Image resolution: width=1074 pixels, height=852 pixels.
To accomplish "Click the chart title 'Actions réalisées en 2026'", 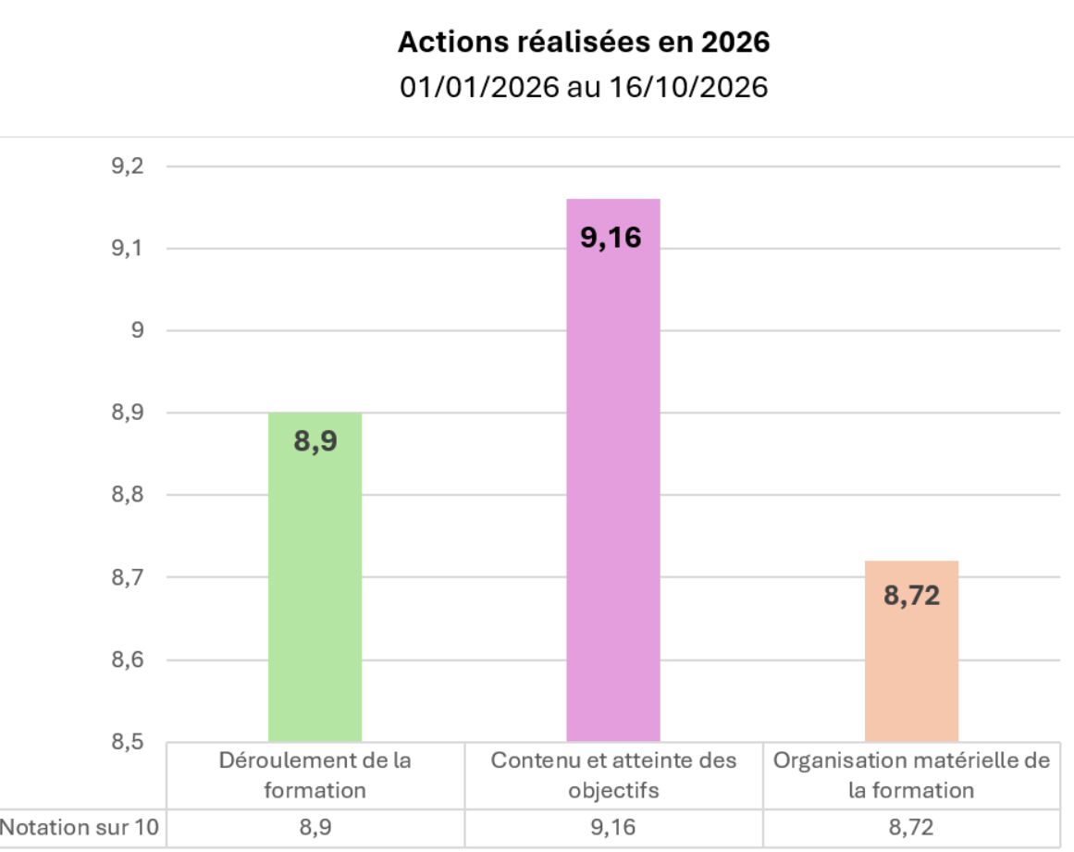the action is tap(584, 42).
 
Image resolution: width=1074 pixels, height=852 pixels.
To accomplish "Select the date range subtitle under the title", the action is tap(584, 87).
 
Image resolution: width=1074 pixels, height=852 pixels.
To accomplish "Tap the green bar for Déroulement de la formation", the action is tap(315, 576).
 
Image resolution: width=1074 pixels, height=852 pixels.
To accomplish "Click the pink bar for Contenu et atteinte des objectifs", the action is tap(613, 470).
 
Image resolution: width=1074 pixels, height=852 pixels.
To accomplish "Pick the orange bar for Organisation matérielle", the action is tap(912, 650).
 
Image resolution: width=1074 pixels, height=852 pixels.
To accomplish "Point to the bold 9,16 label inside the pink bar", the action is tap(611, 238).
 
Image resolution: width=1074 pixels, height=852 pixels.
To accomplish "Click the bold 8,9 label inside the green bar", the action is tap(315, 440).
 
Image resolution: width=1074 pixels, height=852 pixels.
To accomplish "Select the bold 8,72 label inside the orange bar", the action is tap(912, 595).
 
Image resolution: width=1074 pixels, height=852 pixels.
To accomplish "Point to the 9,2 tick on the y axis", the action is tap(128, 166).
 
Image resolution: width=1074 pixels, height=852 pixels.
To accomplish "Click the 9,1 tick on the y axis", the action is tap(128, 248).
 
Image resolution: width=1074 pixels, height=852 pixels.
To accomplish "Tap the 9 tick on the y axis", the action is tap(138, 330).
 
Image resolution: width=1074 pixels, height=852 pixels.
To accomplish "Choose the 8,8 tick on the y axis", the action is tap(128, 494).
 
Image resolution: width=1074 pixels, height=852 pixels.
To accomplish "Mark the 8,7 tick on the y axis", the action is tap(128, 576).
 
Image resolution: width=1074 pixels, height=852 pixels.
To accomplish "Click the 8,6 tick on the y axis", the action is tap(128, 659).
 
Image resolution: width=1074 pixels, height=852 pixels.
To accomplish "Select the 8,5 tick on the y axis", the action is tap(128, 741).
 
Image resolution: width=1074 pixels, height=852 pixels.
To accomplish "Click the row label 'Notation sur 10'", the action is tap(80, 827).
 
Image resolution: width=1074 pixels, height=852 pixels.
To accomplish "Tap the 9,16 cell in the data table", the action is tap(613, 827).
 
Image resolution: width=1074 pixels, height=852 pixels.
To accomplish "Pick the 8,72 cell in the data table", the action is tap(912, 827).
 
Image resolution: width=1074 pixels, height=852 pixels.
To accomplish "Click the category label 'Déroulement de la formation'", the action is tap(315, 775).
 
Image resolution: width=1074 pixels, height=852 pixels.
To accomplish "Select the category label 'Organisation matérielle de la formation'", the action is tap(912, 775).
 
